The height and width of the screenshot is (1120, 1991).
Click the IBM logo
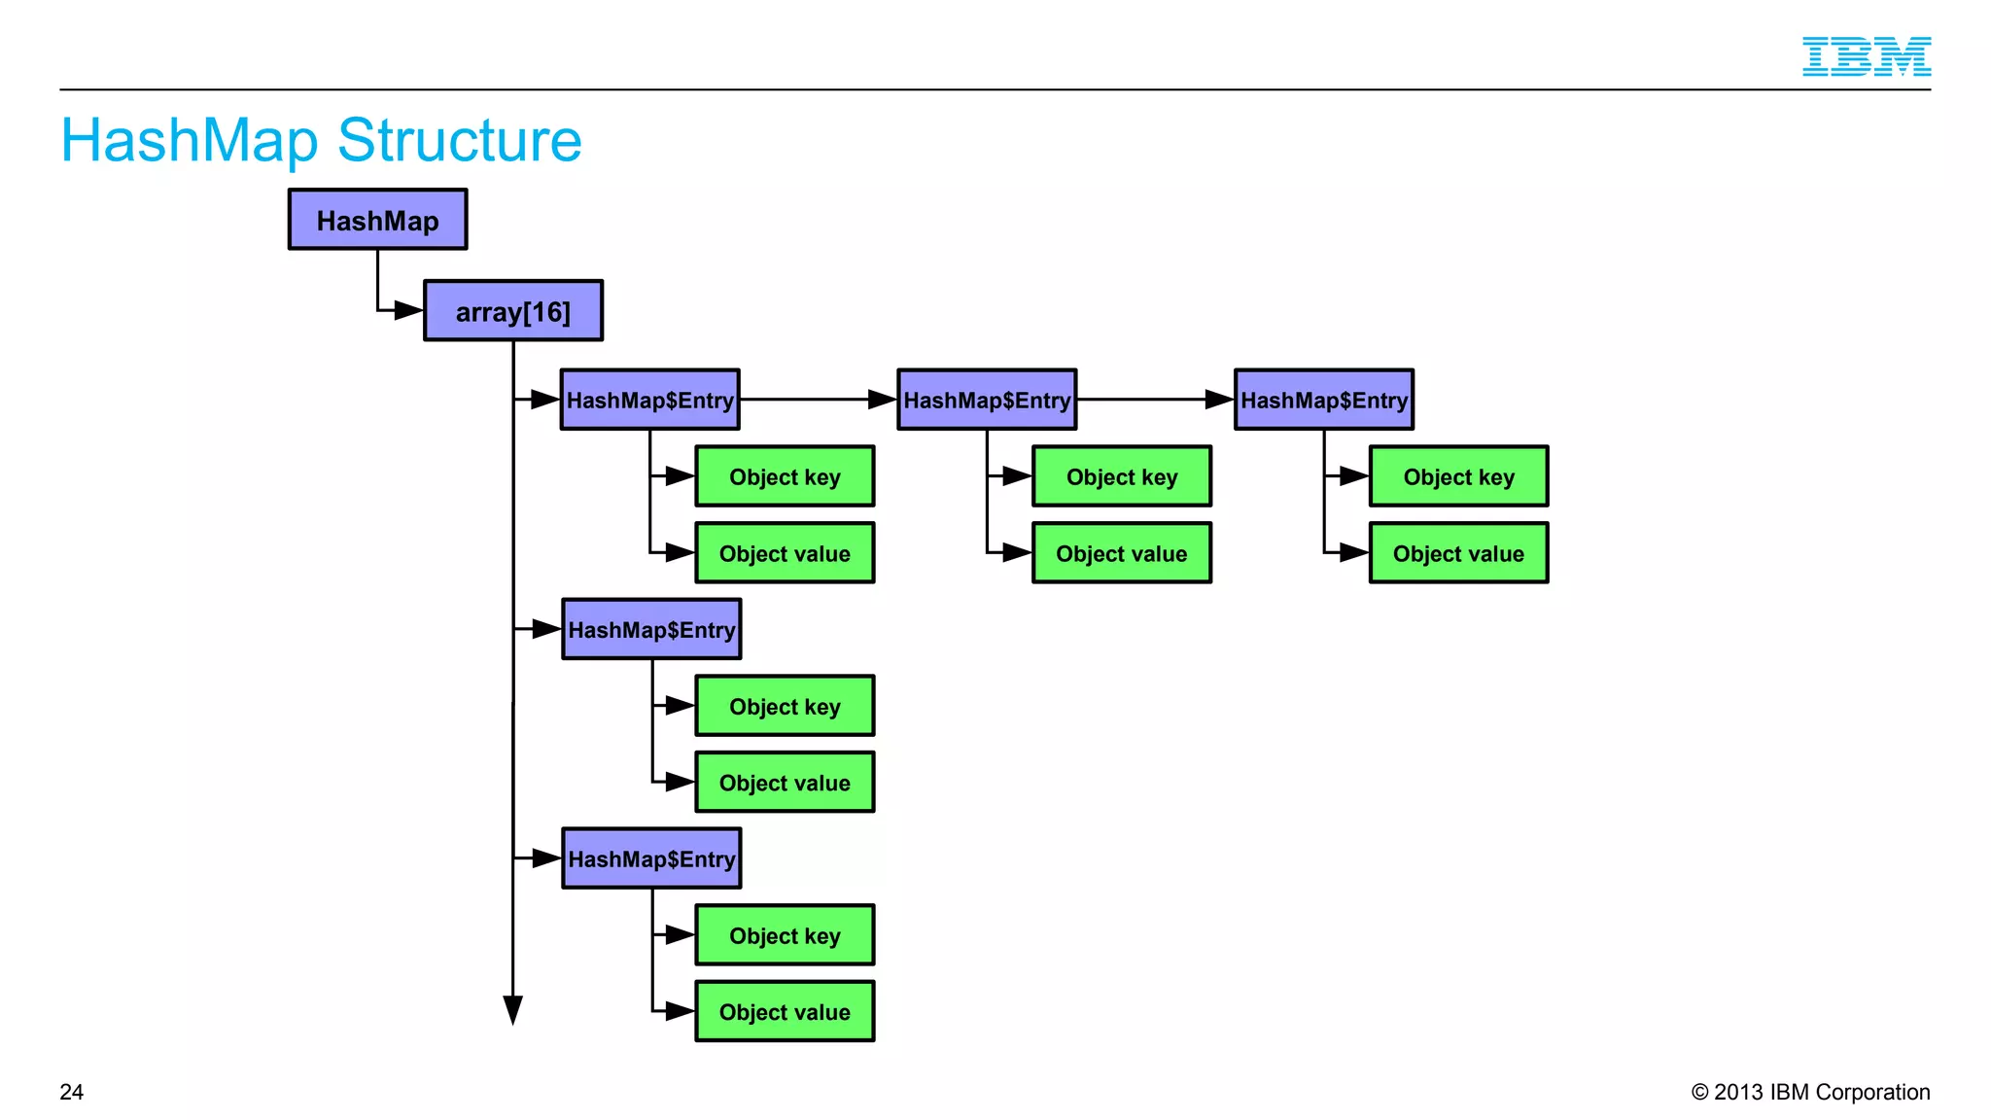1866,56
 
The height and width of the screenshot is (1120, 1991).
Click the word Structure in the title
459,141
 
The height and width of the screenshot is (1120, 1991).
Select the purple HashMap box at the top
377,220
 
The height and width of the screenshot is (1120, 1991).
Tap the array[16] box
513,311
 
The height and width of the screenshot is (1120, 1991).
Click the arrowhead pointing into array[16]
408,311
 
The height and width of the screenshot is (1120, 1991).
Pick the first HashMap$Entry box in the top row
649,400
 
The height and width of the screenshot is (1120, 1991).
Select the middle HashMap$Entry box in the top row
987,400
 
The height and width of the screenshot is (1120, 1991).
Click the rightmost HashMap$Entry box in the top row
1323,400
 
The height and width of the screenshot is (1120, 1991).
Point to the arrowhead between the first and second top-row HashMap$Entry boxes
881,400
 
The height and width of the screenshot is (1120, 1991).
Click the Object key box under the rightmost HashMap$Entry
1458,476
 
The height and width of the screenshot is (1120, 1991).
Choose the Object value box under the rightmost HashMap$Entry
1458,553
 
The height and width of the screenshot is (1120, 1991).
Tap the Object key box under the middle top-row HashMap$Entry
1122,476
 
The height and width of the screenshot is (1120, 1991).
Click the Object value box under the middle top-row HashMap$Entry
1122,553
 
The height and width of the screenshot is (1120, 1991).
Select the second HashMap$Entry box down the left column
651,629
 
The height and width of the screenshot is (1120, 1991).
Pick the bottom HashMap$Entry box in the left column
651,858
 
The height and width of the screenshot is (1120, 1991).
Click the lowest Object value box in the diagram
785,1011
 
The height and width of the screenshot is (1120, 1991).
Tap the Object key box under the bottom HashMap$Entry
785,935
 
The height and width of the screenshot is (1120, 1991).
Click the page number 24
72,1092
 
